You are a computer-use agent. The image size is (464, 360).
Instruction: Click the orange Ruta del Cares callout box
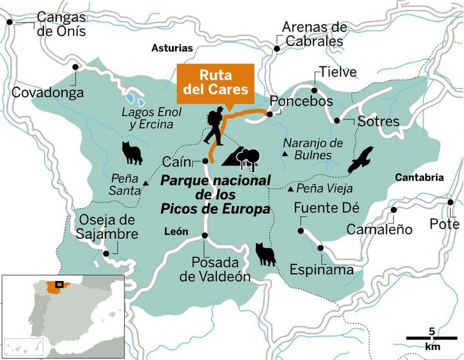[216, 82]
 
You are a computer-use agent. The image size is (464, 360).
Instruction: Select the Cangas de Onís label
[61, 24]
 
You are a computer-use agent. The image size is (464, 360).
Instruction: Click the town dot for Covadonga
[75, 67]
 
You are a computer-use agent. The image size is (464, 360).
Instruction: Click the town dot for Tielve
[314, 90]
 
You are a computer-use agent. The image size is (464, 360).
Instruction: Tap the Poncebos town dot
[270, 115]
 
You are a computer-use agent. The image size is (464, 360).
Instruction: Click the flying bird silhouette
[360, 160]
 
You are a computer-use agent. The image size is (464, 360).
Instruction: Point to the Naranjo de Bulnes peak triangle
[285, 154]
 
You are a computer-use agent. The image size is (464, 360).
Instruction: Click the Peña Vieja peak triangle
[290, 188]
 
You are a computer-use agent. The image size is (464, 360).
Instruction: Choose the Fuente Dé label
[327, 208]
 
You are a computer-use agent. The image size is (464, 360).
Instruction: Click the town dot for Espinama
[321, 248]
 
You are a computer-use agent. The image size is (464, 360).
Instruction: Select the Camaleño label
[379, 230]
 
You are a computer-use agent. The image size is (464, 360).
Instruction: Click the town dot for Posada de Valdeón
[205, 235]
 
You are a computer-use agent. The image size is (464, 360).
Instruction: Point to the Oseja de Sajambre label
[107, 227]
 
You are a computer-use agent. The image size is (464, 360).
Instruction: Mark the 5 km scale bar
[431, 337]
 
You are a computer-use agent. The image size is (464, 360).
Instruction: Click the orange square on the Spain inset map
[59, 285]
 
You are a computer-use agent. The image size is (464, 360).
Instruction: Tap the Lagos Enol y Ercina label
[151, 117]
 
